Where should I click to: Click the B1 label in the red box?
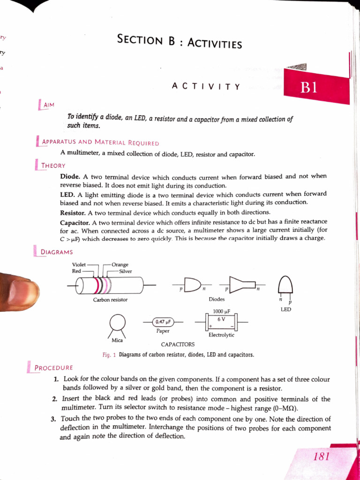click(x=310, y=88)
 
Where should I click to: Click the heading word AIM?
click(x=49, y=105)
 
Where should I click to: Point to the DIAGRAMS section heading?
click(x=57, y=252)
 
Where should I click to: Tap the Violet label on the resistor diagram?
click(x=79, y=264)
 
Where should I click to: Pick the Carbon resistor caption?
click(x=110, y=300)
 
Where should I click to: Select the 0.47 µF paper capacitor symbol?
click(x=164, y=322)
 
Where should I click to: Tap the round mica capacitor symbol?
click(x=117, y=322)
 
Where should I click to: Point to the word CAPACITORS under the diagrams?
click(x=178, y=345)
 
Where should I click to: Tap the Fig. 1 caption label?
click(x=109, y=355)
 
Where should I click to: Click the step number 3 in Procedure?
click(x=53, y=419)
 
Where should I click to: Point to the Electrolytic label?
click(x=221, y=335)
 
